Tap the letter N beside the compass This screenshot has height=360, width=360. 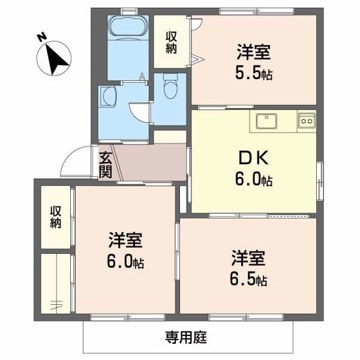coord(41,38)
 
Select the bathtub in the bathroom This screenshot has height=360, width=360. coord(127,28)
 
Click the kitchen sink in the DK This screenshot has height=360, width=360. coord(265,121)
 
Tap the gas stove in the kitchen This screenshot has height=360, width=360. coord(307,121)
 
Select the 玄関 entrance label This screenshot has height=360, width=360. coord(105,164)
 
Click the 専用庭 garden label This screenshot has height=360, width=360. coord(186,338)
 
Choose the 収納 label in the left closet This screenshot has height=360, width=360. coord(55,217)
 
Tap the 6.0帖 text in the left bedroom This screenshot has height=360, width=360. coord(125,262)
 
